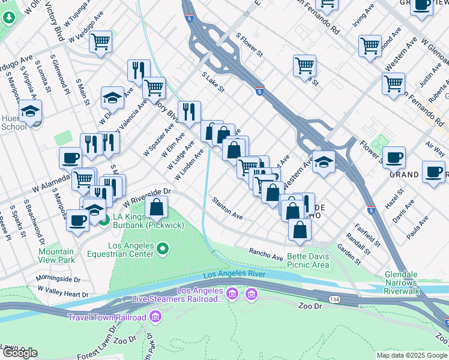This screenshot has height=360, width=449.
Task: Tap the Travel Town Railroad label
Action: [x=107, y=317]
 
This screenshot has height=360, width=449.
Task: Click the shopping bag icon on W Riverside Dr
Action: [x=156, y=208]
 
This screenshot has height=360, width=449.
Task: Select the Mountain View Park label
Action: [x=56, y=256]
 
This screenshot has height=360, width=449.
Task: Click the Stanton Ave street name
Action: [x=227, y=208]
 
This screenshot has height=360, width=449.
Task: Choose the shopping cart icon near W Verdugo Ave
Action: [x=100, y=41]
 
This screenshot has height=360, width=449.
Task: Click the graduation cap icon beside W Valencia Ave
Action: [x=112, y=97]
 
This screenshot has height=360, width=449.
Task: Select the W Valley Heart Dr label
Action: [x=62, y=292]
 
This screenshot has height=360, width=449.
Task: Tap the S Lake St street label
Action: [x=212, y=82]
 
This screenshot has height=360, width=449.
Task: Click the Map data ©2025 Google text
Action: [x=411, y=355]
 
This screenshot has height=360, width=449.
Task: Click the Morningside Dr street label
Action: [x=58, y=279]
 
